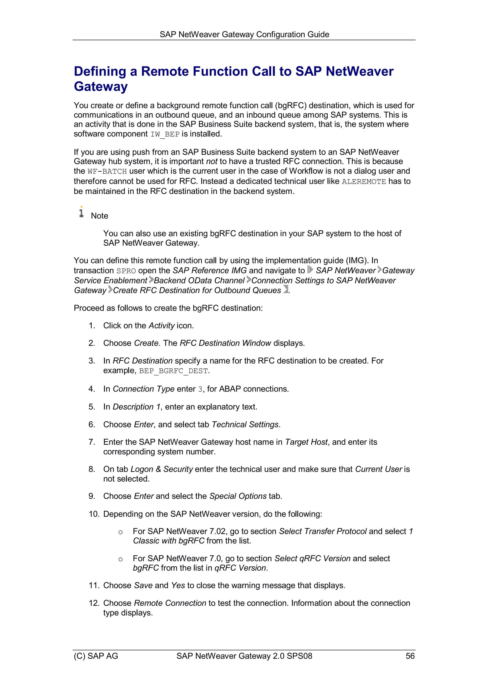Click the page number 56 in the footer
click(410, 656)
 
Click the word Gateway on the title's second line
click(101, 86)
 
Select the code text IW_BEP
click(165, 134)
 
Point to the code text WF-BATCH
click(107, 171)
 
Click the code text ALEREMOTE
click(364, 181)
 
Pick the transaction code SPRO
click(126, 271)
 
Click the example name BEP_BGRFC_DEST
click(173, 371)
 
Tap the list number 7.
click(91, 442)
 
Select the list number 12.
click(93, 603)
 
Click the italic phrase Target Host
click(306, 442)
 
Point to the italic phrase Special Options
click(238, 496)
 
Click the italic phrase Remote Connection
click(170, 603)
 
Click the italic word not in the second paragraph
click(212, 161)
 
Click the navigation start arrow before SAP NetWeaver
click(310, 270)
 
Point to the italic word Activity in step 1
click(162, 325)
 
